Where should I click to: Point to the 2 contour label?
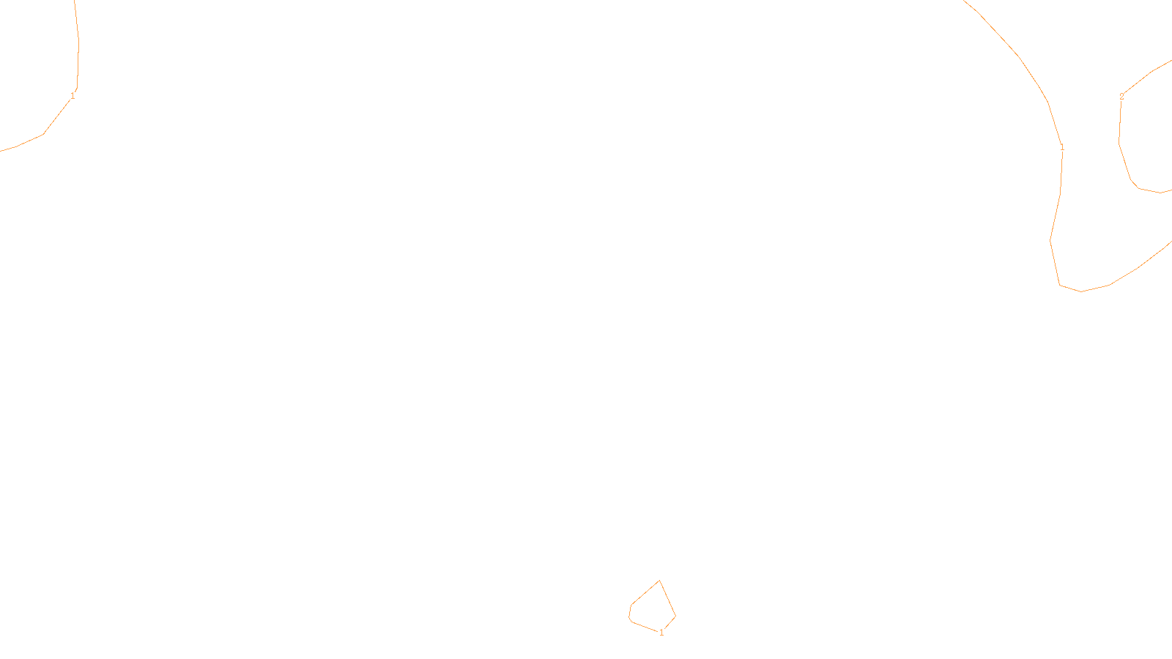click(x=1121, y=97)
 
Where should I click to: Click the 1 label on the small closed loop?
click(x=661, y=633)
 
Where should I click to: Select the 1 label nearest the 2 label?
click(x=1062, y=148)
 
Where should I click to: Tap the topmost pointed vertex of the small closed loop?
click(x=659, y=581)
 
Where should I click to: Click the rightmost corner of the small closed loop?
click(x=675, y=617)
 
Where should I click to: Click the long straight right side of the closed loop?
click(x=667, y=599)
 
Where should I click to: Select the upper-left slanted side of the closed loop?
click(x=645, y=593)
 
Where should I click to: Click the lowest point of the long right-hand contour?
click(x=1081, y=291)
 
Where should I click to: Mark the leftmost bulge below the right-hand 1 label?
click(x=1050, y=240)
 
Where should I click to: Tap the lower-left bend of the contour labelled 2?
click(x=1132, y=181)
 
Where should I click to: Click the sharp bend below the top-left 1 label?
click(x=43, y=133)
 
